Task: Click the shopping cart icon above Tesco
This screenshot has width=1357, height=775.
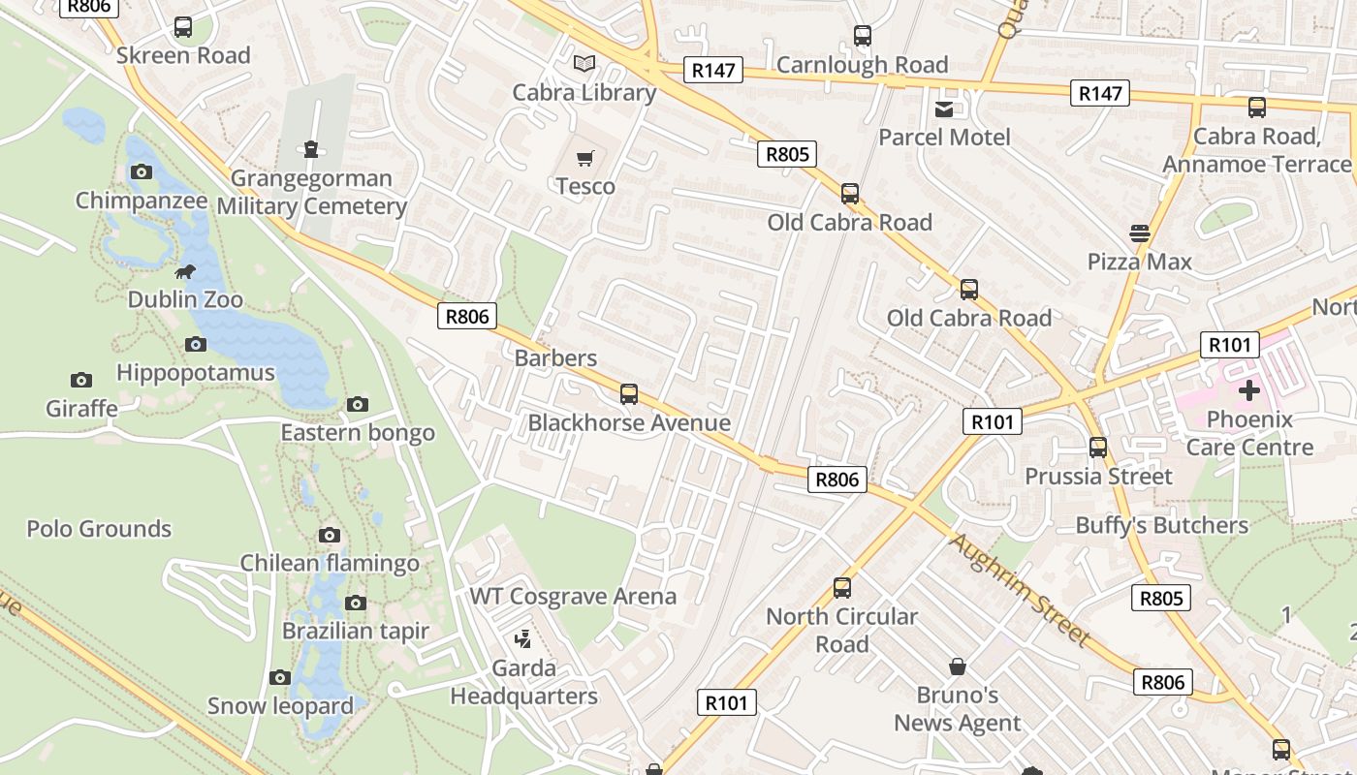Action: coord(584,158)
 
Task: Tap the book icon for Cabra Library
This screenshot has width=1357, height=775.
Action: coord(584,64)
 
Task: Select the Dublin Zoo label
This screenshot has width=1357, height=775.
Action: coord(185,299)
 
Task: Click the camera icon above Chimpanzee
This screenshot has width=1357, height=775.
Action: coord(142,172)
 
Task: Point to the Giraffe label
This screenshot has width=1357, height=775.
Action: coord(81,408)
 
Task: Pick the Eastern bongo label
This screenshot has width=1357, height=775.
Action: coord(358,432)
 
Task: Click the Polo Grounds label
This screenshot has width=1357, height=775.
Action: coord(99,529)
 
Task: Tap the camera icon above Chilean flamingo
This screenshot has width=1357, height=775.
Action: coord(330,535)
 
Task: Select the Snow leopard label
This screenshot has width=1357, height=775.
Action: coord(280,705)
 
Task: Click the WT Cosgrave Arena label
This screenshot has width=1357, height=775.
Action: coord(573,596)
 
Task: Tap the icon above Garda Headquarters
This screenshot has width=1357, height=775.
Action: coord(523,638)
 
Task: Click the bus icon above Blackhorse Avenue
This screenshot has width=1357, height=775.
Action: coord(629,393)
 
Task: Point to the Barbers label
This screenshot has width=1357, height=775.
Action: coord(555,357)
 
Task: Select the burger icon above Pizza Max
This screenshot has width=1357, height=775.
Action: coord(1139,232)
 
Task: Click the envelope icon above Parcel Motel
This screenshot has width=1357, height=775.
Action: coord(944,108)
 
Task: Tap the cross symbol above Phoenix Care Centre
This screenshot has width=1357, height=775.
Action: coord(1249,390)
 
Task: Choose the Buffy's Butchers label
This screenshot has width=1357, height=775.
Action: coord(1162,525)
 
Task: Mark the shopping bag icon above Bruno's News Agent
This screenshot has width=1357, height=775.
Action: coord(958,666)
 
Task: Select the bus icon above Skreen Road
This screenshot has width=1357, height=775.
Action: coord(183,27)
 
